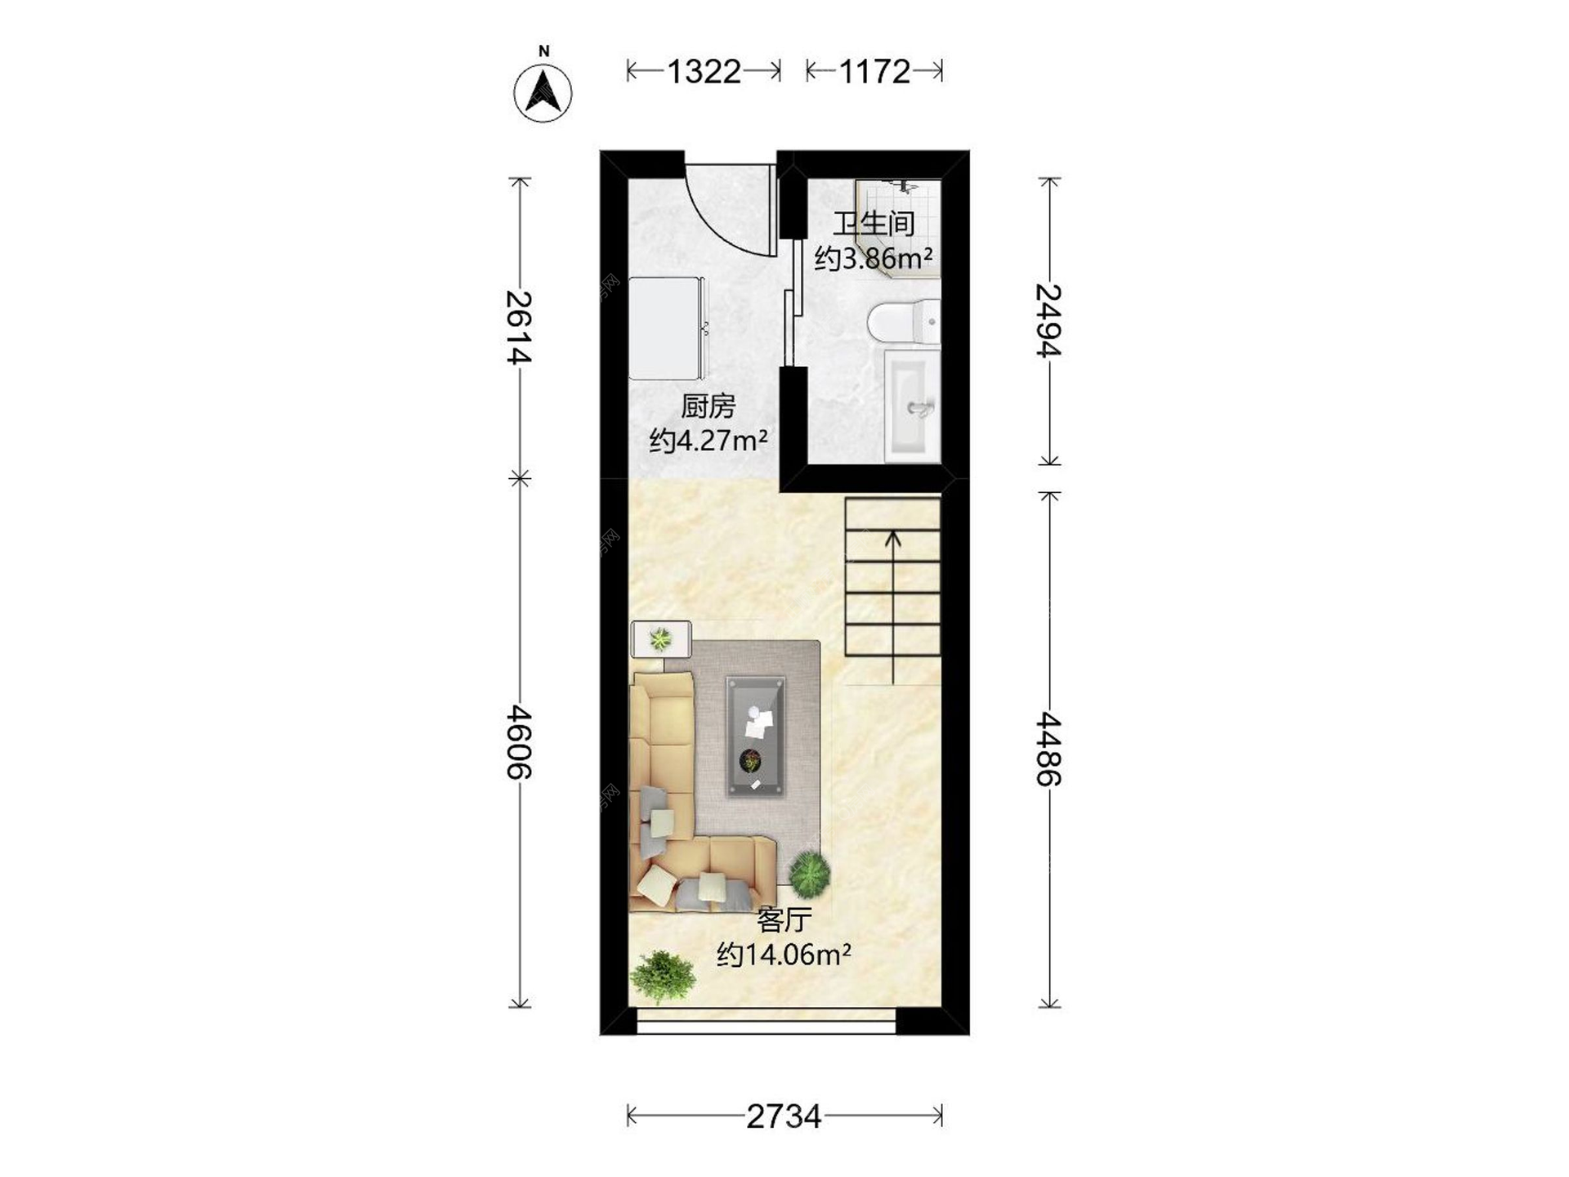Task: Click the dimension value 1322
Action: [704, 72]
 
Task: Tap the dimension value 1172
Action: [874, 72]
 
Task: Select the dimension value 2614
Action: [519, 327]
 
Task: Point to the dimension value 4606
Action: [519, 742]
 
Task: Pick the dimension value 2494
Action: [1048, 320]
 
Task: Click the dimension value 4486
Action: [1048, 749]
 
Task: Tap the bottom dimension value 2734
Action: [784, 1117]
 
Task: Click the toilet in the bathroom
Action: [904, 321]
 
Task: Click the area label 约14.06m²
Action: [784, 954]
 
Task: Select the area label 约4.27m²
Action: [709, 441]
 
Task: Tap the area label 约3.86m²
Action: [874, 258]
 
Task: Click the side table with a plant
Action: [661, 638]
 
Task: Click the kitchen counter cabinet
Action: [667, 328]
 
